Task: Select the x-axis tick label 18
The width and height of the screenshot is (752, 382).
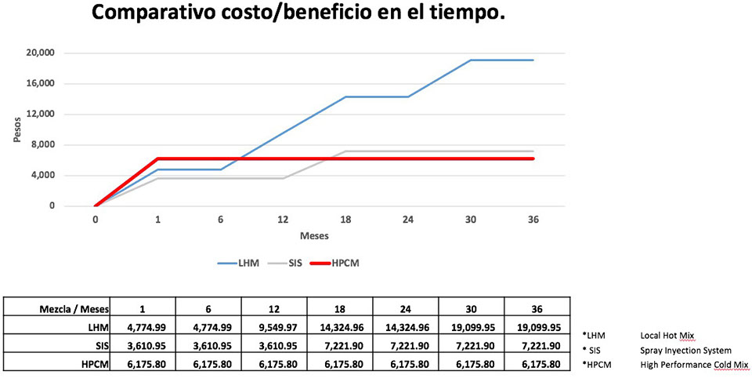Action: point(345,220)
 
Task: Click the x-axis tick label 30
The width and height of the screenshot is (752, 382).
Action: point(471,220)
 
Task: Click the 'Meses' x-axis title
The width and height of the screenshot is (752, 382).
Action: point(314,235)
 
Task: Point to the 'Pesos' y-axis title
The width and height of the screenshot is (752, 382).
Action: point(16,130)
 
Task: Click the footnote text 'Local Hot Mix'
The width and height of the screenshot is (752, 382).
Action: point(667,335)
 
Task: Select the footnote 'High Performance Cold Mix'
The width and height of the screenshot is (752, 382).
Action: point(692,365)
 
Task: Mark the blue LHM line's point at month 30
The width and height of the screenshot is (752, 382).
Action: point(471,60)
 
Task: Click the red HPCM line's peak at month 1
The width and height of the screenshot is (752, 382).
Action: point(158,158)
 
